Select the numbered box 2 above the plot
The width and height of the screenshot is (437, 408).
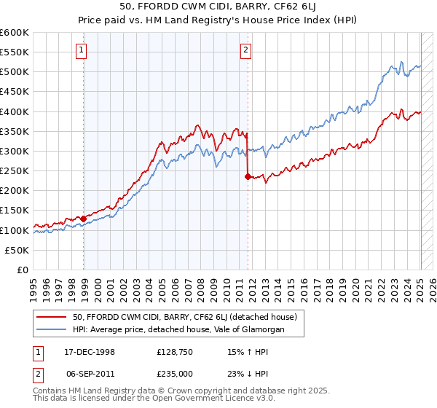246,50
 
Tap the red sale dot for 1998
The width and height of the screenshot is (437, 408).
84,218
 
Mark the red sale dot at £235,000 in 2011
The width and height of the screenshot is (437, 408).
248,176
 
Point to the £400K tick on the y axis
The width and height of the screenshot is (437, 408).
15,111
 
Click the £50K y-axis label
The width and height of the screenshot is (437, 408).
17,250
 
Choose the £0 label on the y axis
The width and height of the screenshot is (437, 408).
23,270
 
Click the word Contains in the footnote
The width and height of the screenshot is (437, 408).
52,392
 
